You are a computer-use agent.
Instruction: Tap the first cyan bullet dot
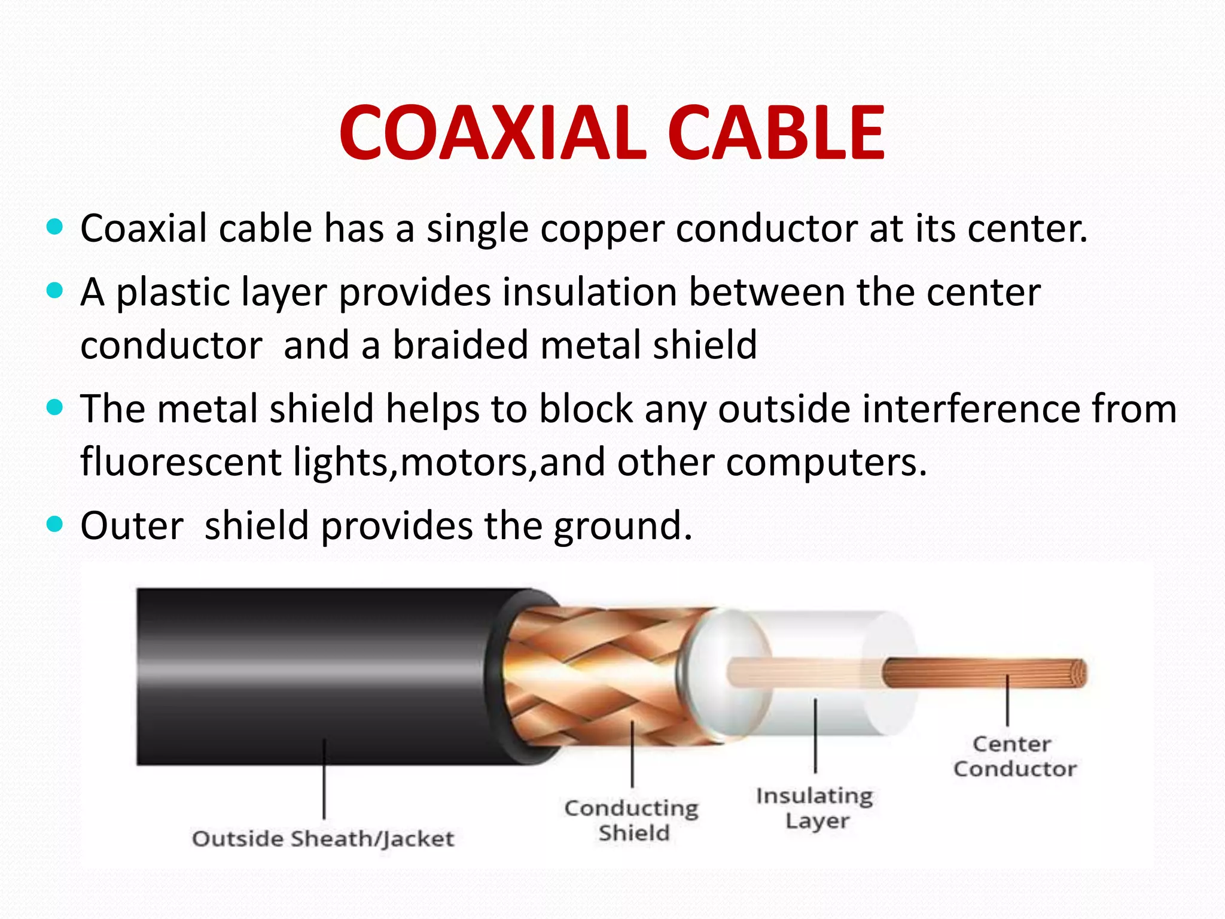54,227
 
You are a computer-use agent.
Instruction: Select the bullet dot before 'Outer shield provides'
54,525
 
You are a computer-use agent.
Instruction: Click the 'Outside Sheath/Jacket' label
323,839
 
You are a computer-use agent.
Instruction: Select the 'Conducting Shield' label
632,820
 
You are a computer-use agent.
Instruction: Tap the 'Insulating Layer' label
815,808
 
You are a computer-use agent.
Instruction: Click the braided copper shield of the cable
592,676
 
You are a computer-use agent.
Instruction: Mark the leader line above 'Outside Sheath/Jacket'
324,778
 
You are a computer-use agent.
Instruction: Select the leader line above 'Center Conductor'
1008,700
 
